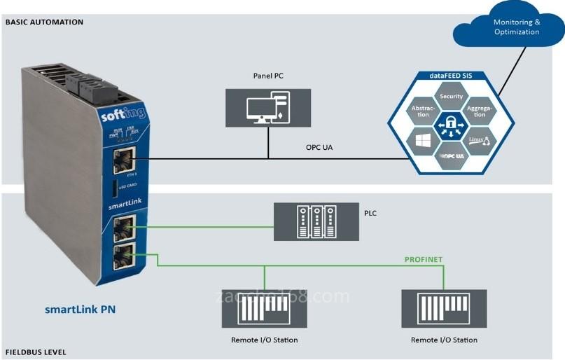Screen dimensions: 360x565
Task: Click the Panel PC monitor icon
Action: click(x=268, y=108)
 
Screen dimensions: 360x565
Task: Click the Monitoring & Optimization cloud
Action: click(x=517, y=27)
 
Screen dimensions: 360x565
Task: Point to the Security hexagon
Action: click(x=452, y=97)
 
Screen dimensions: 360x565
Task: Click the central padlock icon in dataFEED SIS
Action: click(x=452, y=125)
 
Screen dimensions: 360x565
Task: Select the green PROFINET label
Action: click(x=424, y=259)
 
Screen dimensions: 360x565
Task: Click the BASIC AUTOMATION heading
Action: click(x=44, y=22)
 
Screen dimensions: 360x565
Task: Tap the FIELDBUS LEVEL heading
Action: click(x=36, y=352)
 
